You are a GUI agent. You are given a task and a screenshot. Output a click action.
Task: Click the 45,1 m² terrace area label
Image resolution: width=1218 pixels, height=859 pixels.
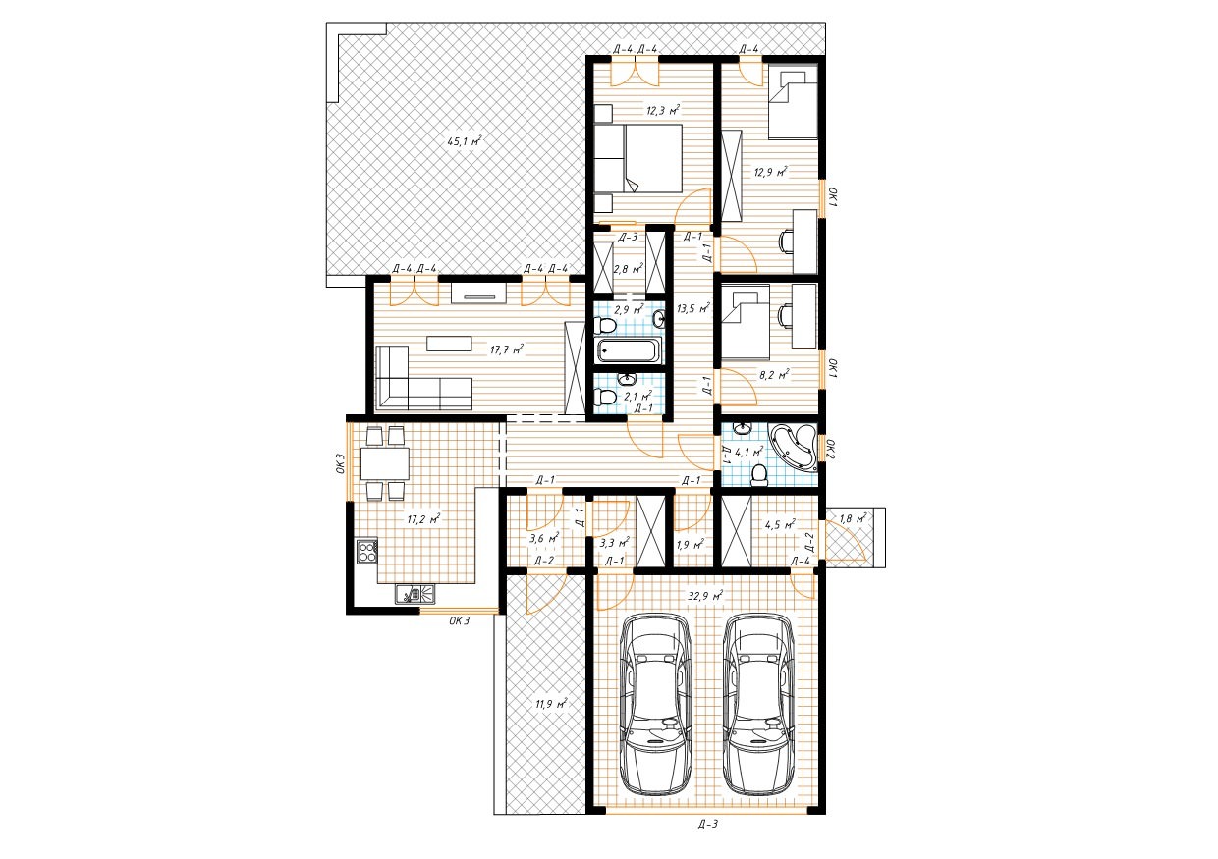[464, 141]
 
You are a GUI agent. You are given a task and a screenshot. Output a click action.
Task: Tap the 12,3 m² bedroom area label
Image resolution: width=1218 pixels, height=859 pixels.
[663, 110]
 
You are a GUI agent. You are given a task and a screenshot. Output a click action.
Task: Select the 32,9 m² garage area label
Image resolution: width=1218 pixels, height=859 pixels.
[705, 596]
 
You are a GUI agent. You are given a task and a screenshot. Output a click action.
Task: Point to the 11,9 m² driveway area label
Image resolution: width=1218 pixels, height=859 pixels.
[551, 704]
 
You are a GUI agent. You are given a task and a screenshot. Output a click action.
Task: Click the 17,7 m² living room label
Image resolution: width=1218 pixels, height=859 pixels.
[506, 349]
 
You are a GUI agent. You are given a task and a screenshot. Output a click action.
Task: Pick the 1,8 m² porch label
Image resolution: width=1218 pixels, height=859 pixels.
[854, 518]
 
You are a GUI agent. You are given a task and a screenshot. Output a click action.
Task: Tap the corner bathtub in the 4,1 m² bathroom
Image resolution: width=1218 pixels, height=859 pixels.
[794, 447]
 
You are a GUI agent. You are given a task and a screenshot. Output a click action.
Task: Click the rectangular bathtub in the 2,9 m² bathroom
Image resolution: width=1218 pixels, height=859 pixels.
[629, 350]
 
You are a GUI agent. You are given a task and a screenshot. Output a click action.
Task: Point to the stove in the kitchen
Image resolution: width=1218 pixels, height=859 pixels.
[367, 551]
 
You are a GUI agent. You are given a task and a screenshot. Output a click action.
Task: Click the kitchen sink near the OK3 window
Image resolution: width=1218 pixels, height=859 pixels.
[415, 594]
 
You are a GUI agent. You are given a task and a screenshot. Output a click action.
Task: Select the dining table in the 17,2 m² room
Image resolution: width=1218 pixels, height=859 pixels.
[385, 463]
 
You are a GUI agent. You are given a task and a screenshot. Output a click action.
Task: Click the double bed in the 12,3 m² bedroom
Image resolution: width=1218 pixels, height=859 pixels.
[637, 158]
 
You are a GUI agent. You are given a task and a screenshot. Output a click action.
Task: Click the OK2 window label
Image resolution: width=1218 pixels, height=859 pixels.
[830, 450]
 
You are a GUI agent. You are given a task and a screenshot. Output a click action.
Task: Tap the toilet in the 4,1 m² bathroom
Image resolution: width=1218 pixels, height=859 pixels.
[758, 475]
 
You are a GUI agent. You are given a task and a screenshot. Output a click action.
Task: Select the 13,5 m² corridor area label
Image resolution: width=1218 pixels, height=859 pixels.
[693, 308]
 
